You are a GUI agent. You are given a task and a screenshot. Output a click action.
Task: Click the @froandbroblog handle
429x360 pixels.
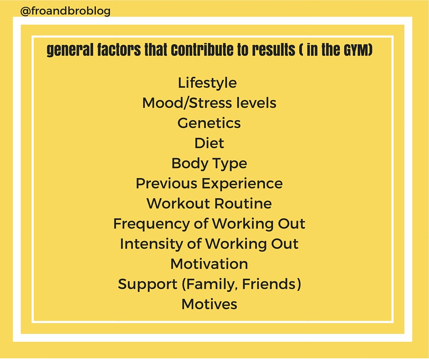(65, 11)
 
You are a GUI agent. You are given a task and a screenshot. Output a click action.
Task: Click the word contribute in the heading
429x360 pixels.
(202, 50)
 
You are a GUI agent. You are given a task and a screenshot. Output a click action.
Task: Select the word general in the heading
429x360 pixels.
(70, 50)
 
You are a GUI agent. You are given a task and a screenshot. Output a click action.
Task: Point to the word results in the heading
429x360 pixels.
(273, 50)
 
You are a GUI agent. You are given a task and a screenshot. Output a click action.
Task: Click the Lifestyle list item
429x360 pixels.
(207, 83)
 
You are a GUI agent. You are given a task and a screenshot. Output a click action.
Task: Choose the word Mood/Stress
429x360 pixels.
(187, 103)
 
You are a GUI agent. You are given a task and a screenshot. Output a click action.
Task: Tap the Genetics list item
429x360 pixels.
(209, 123)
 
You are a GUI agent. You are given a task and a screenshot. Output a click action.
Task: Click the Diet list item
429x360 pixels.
(209, 143)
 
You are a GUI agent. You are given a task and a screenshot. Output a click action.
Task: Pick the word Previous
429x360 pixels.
(166, 183)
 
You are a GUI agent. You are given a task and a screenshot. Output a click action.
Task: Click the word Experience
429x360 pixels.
(242, 184)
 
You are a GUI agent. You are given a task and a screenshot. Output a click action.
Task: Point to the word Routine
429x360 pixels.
(243, 204)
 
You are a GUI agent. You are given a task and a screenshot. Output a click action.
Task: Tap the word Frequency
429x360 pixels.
(152, 224)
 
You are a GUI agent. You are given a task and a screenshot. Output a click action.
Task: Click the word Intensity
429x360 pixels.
(152, 244)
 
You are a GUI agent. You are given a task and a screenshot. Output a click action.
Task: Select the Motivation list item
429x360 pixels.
(209, 264)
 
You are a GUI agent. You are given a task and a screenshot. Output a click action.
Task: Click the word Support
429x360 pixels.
(148, 284)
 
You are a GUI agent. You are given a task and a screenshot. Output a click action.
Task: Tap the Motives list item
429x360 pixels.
(209, 304)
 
